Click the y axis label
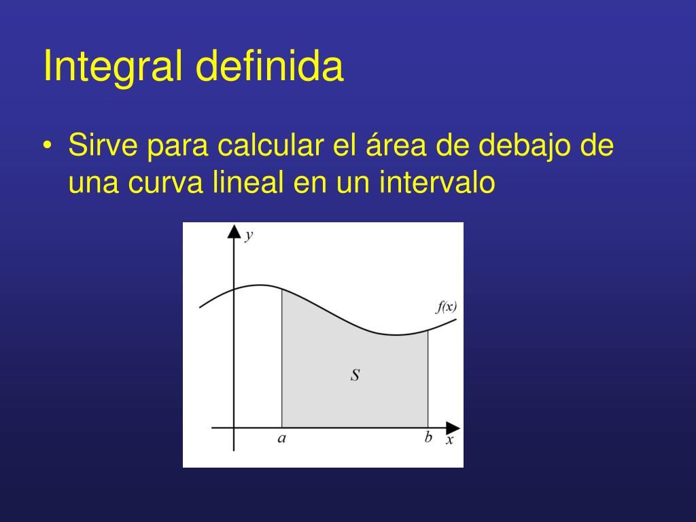click(x=249, y=235)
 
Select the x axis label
click(x=449, y=440)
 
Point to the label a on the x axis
click(x=281, y=438)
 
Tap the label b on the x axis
click(x=428, y=438)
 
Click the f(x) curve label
click(x=446, y=307)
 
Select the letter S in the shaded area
click(x=355, y=375)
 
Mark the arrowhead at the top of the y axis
click(x=234, y=231)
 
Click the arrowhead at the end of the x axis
click(x=453, y=428)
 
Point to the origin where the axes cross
click(x=234, y=428)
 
